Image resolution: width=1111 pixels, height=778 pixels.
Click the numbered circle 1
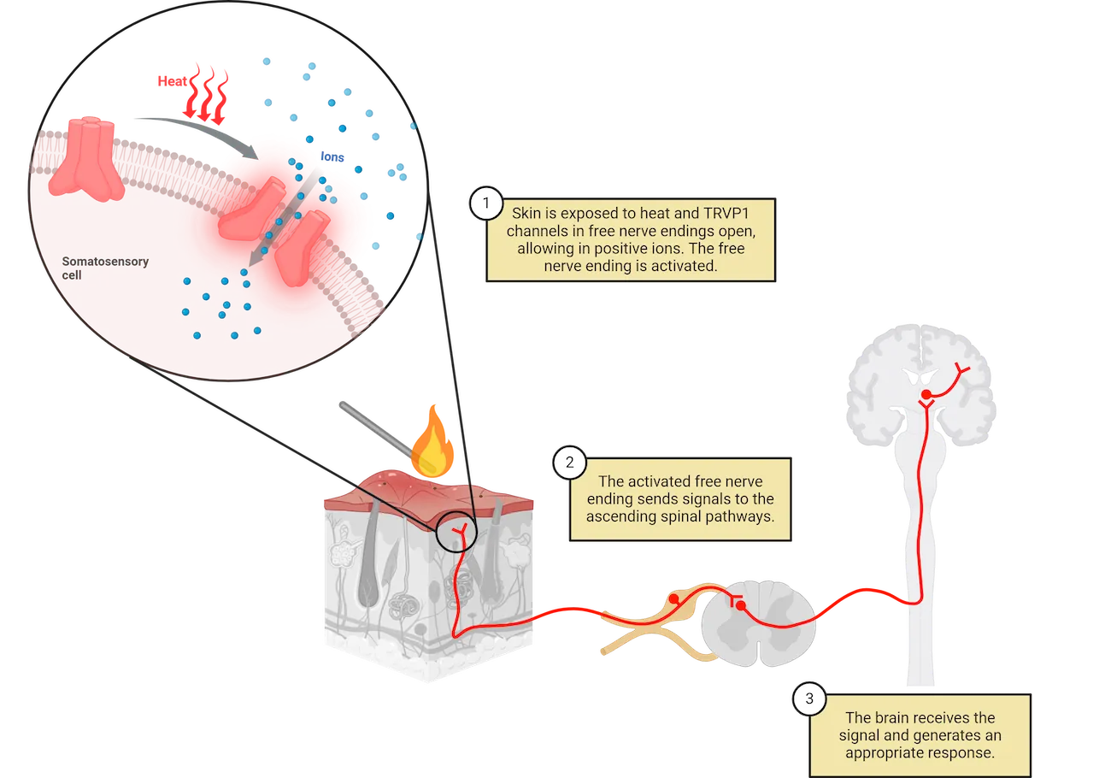(486, 203)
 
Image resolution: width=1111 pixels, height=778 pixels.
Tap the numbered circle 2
(569, 463)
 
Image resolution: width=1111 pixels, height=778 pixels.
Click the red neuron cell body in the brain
(925, 394)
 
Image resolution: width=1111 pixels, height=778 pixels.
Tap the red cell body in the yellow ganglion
(675, 599)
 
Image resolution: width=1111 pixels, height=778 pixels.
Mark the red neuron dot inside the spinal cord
(740, 606)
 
